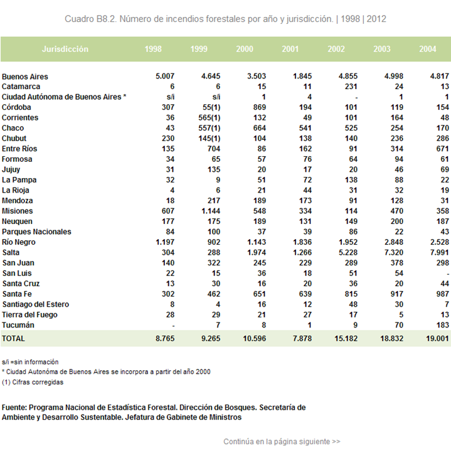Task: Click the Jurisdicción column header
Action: point(65,49)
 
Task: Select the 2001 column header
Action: point(290,49)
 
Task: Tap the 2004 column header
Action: point(427,49)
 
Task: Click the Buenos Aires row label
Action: point(24,77)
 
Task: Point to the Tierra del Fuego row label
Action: point(29,314)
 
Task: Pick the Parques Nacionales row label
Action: point(36,231)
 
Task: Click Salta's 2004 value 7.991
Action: point(439,252)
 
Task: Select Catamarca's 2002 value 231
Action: point(351,87)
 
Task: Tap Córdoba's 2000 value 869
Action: point(260,107)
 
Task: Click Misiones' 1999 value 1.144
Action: point(211,211)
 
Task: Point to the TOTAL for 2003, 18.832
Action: point(391,339)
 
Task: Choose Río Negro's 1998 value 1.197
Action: point(165,242)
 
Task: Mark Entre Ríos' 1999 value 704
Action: point(214,149)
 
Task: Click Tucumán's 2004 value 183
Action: point(442,325)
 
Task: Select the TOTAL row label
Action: point(13,339)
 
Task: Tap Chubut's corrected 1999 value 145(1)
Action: point(210,139)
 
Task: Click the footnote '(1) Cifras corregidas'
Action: point(33,382)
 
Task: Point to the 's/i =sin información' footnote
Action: point(30,362)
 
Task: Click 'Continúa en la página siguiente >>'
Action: point(282,442)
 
